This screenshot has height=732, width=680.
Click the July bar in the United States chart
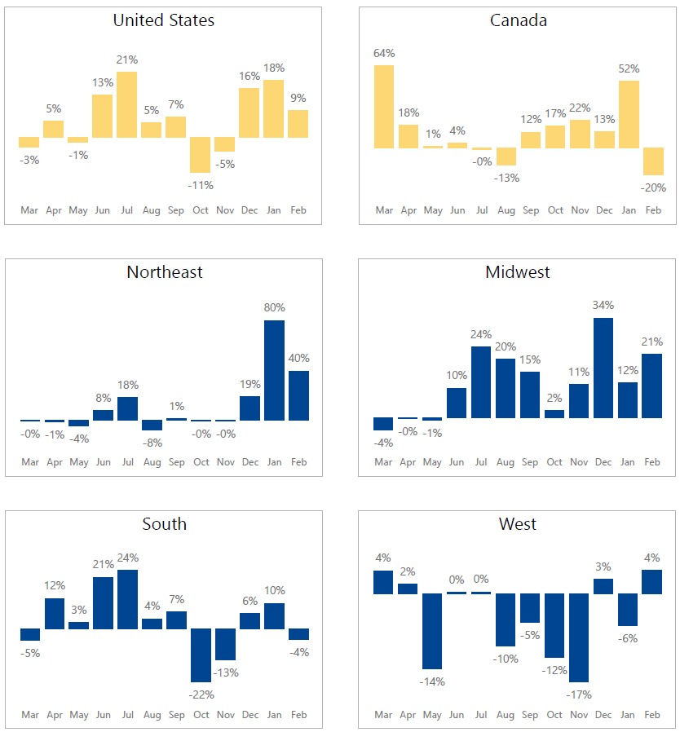tap(126, 104)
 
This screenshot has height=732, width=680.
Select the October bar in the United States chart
tap(201, 155)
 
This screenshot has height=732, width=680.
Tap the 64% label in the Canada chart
tap(384, 54)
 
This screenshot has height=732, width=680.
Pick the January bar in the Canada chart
tap(629, 114)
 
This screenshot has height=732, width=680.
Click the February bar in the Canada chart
tap(653, 161)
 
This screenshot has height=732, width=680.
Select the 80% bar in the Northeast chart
tap(274, 370)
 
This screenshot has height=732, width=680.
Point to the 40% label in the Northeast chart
tap(298, 358)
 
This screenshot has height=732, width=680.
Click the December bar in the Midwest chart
tap(603, 368)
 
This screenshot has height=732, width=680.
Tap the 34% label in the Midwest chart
tap(603, 306)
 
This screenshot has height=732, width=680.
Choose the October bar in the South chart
tap(201, 655)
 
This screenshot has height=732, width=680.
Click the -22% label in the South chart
tap(201, 695)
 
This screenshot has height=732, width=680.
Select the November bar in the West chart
tap(579, 637)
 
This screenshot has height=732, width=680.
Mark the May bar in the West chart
tap(432, 631)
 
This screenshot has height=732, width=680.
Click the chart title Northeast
tap(165, 272)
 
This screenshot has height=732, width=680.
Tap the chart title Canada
tap(519, 20)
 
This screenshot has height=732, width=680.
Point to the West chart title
tap(518, 524)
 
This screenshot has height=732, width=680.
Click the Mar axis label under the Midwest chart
tap(383, 462)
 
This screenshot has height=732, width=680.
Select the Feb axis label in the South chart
tap(298, 715)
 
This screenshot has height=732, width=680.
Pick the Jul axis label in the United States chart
tap(127, 210)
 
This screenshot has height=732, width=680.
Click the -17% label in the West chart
tap(579, 695)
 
